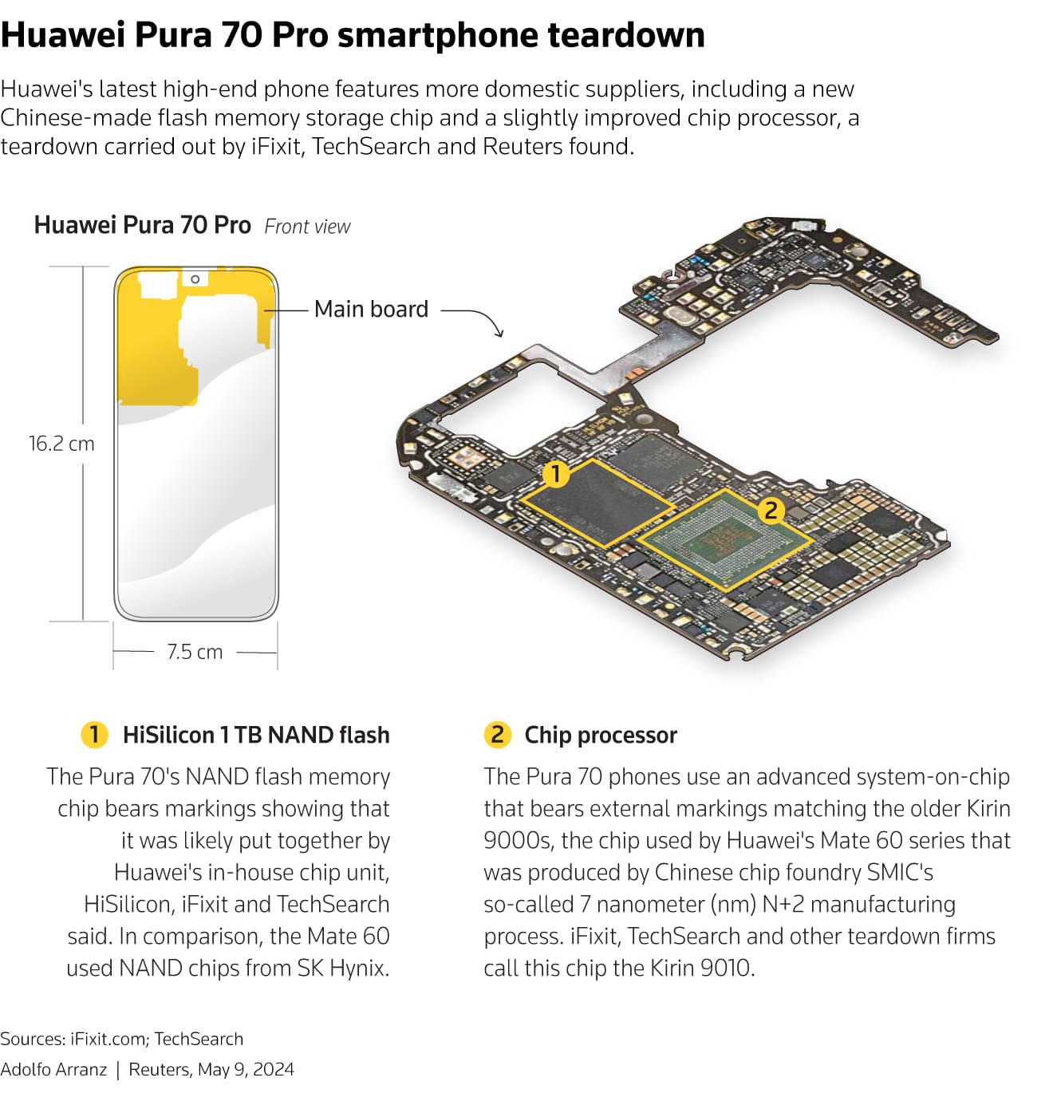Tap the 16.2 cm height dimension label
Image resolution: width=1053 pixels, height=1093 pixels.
pyautogui.click(x=61, y=444)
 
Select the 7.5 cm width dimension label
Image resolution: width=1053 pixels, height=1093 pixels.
pyautogui.click(x=195, y=652)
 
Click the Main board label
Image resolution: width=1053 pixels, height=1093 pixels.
pyautogui.click(x=371, y=309)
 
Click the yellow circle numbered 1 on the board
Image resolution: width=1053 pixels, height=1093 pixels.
pyautogui.click(x=555, y=474)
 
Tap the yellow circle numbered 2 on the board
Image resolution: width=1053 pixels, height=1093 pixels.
pyautogui.click(x=771, y=510)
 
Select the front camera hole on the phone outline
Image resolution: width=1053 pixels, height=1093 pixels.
pyautogui.click(x=195, y=279)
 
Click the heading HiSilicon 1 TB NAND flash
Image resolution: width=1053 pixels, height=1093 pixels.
pyautogui.click(x=256, y=735)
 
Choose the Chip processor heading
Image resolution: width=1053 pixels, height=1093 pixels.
pyautogui.click(x=600, y=735)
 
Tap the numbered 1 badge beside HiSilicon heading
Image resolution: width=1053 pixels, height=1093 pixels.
pyautogui.click(x=94, y=735)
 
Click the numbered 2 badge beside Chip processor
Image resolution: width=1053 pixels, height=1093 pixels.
pyautogui.click(x=497, y=735)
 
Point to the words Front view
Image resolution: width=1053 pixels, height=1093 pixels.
pyautogui.click(x=307, y=227)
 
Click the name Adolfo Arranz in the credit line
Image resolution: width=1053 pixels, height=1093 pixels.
pyautogui.click(x=53, y=1070)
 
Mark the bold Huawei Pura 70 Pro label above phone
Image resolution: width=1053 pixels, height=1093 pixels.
pyautogui.click(x=142, y=226)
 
